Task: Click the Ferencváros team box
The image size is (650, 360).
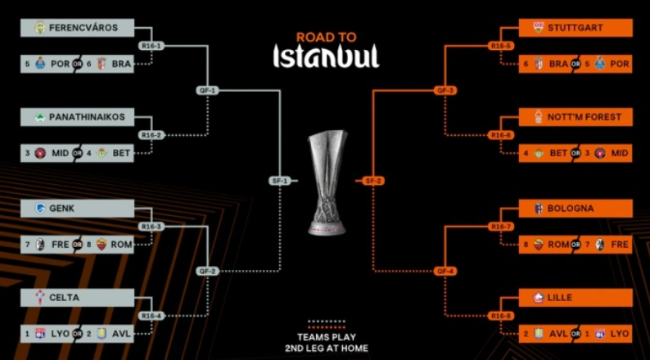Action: tap(77, 28)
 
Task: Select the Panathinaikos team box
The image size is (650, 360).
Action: tap(77, 117)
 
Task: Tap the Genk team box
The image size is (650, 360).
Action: tap(77, 209)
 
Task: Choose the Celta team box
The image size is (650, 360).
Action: tap(77, 298)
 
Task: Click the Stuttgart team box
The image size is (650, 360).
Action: tap(576, 28)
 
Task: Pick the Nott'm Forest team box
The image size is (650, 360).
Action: tap(576, 117)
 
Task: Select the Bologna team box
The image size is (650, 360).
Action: tap(576, 209)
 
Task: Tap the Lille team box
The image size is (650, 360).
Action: tap(576, 298)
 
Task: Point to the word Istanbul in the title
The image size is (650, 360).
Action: tap(326, 56)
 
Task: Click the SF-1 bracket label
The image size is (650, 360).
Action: tap(280, 180)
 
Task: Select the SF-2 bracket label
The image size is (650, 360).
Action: tap(372, 180)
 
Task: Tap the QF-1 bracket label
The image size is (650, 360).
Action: tap(207, 90)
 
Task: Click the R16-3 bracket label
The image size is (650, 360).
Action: tap(151, 227)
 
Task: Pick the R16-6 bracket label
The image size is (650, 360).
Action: tap(500, 135)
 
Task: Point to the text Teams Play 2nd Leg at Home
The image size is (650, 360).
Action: tap(326, 341)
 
